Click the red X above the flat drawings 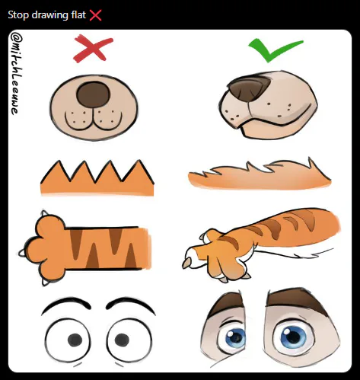(88, 50)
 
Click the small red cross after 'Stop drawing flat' (95, 14)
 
